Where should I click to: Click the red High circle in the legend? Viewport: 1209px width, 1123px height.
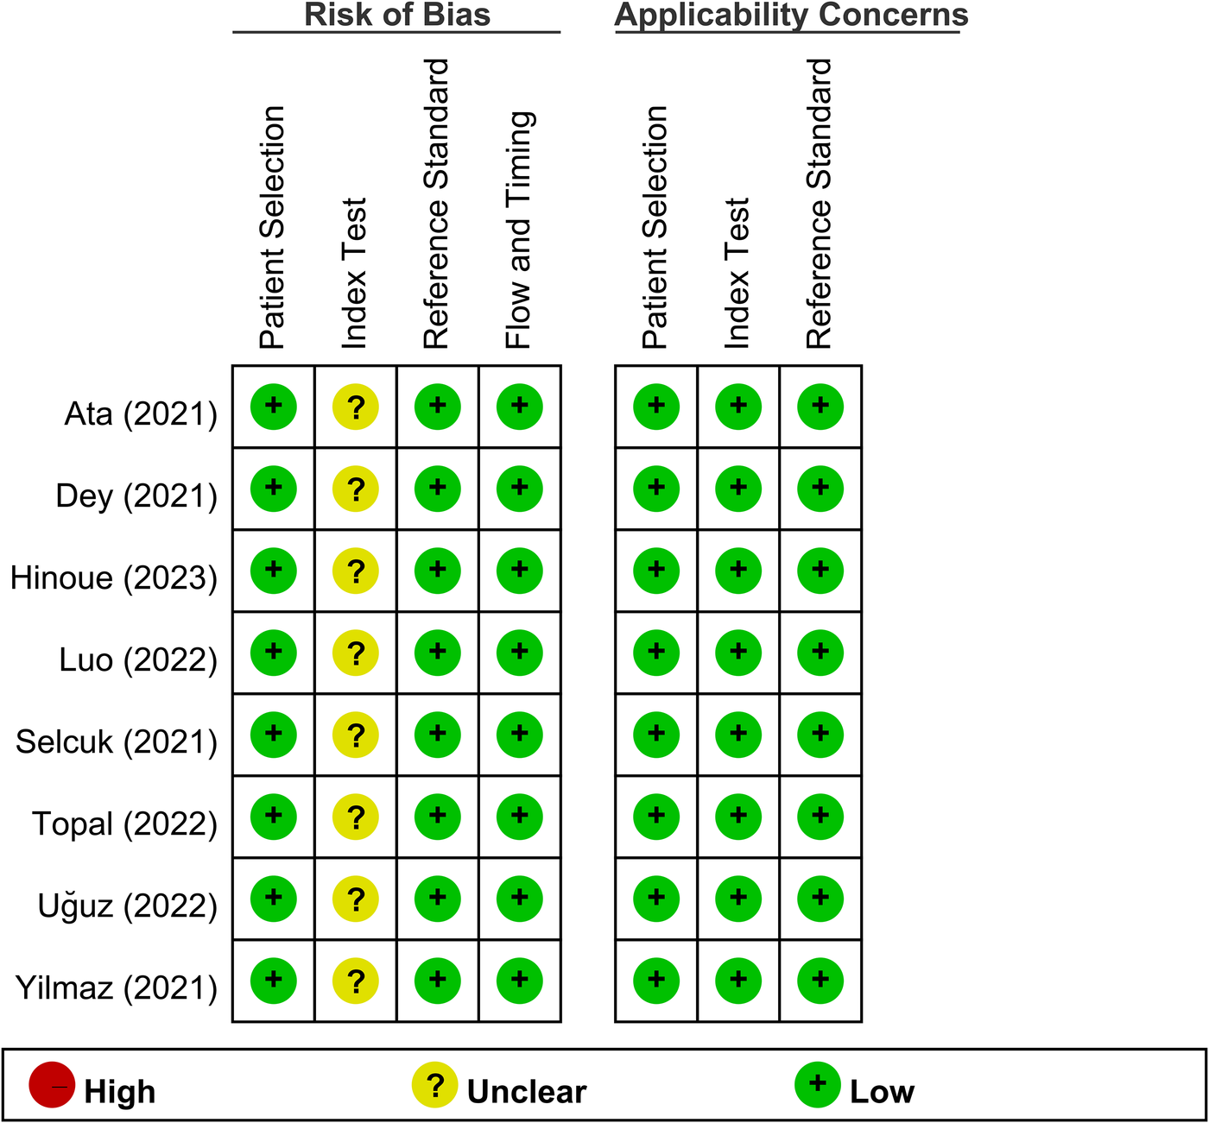[x=52, y=1086]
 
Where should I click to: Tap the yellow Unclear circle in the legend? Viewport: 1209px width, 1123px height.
[x=435, y=1086]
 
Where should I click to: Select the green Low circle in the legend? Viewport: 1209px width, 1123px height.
[x=818, y=1086]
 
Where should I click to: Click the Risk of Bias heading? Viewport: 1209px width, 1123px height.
[x=397, y=16]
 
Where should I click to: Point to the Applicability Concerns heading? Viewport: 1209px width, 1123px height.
[x=791, y=16]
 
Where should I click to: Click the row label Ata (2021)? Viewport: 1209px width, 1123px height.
[x=141, y=414]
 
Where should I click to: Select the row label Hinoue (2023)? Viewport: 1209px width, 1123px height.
[x=114, y=577]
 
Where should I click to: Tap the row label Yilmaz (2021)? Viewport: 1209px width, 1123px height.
[x=117, y=987]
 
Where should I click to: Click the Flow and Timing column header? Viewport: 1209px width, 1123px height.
[x=519, y=230]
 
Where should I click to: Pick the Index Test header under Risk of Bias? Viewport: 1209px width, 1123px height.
[x=355, y=273]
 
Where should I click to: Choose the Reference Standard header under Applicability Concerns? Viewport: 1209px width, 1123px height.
[x=819, y=204]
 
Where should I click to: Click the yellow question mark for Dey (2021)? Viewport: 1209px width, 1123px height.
[x=356, y=489]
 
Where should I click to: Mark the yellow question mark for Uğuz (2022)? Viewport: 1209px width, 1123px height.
[x=356, y=899]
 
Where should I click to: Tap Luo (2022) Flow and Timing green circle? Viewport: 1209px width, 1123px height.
[x=520, y=653]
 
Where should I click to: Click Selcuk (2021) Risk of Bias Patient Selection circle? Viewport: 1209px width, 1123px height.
[x=274, y=735]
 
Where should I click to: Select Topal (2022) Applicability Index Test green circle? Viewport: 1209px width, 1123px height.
[x=738, y=817]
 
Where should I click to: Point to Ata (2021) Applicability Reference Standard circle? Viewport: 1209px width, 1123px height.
[x=820, y=407]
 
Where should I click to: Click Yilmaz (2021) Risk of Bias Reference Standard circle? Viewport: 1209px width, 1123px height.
[x=438, y=981]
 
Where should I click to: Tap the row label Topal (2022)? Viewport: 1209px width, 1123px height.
[x=125, y=823]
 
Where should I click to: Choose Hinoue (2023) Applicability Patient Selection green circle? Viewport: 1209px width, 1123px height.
[x=656, y=571]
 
